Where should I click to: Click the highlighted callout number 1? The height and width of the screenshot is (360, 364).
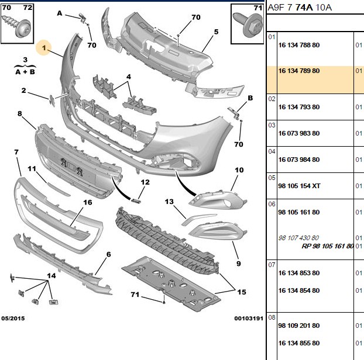click(44, 48)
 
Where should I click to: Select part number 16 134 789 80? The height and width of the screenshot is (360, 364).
click(299, 71)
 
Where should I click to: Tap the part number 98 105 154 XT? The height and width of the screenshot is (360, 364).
click(299, 186)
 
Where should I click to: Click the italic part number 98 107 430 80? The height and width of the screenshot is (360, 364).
click(298, 238)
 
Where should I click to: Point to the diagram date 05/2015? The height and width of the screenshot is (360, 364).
click(13, 319)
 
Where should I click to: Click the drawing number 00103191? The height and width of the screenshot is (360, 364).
click(249, 319)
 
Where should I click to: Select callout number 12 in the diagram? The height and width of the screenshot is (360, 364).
click(145, 182)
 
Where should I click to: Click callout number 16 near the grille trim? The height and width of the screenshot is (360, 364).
click(88, 202)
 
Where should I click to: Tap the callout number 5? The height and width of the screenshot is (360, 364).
click(216, 32)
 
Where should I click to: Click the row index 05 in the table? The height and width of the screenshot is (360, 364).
click(272, 178)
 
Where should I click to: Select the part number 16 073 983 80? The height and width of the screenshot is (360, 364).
click(299, 133)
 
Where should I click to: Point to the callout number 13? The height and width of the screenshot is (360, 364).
click(169, 202)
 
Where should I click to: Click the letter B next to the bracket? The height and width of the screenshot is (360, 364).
click(250, 98)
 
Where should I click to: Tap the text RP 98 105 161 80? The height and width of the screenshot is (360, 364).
click(328, 246)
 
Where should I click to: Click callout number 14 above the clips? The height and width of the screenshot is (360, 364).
click(51, 276)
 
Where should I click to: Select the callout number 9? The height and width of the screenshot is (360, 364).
click(238, 264)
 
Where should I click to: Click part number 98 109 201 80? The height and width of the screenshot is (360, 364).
click(299, 326)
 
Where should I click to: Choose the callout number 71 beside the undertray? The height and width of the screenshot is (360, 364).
click(135, 295)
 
